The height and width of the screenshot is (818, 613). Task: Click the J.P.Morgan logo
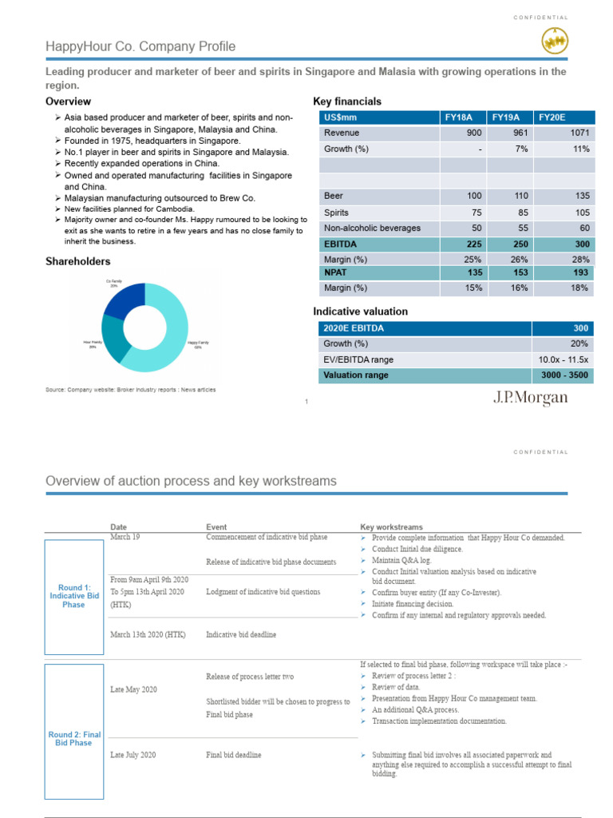(529, 397)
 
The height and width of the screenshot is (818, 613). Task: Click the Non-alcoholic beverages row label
(371, 228)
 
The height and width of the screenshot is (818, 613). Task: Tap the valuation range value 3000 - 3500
(564, 374)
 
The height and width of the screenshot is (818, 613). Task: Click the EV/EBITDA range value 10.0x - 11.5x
(562, 359)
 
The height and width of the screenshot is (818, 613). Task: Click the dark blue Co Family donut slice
(125, 300)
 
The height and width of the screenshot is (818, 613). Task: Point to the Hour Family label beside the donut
(93, 344)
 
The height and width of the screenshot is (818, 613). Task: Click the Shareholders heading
(77, 261)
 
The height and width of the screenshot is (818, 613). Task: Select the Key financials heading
(347, 101)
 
